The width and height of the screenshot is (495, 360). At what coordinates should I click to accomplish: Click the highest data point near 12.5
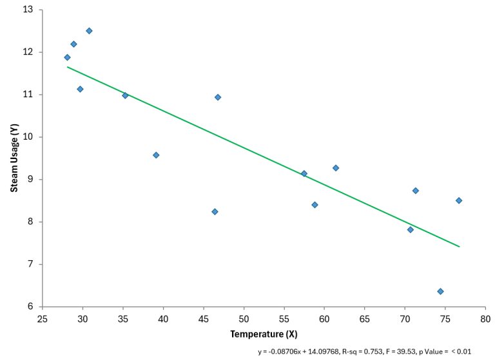89,31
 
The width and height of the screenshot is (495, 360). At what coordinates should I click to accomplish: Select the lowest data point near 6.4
440,291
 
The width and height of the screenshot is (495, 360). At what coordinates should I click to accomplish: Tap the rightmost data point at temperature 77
459,200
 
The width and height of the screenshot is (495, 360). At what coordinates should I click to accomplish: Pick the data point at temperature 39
156,155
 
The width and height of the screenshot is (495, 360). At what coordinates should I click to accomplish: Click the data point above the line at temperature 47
218,97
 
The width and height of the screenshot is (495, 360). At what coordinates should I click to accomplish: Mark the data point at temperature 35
125,95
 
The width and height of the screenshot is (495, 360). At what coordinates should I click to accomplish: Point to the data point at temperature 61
336,168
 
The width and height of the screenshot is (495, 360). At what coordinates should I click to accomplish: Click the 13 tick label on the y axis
28,10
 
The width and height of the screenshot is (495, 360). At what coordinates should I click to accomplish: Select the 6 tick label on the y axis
30,307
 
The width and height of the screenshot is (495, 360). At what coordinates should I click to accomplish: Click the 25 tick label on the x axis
43,319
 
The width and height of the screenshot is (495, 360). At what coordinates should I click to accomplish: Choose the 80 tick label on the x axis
485,319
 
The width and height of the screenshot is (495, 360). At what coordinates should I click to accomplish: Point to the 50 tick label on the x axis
244,319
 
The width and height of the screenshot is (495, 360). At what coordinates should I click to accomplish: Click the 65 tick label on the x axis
365,319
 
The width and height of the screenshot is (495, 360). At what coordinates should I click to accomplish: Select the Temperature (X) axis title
264,334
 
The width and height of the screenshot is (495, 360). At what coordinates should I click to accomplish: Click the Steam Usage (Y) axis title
14,158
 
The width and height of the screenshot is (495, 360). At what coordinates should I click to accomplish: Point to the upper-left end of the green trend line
67,66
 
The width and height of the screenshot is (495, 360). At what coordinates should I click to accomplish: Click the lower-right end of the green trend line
459,247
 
